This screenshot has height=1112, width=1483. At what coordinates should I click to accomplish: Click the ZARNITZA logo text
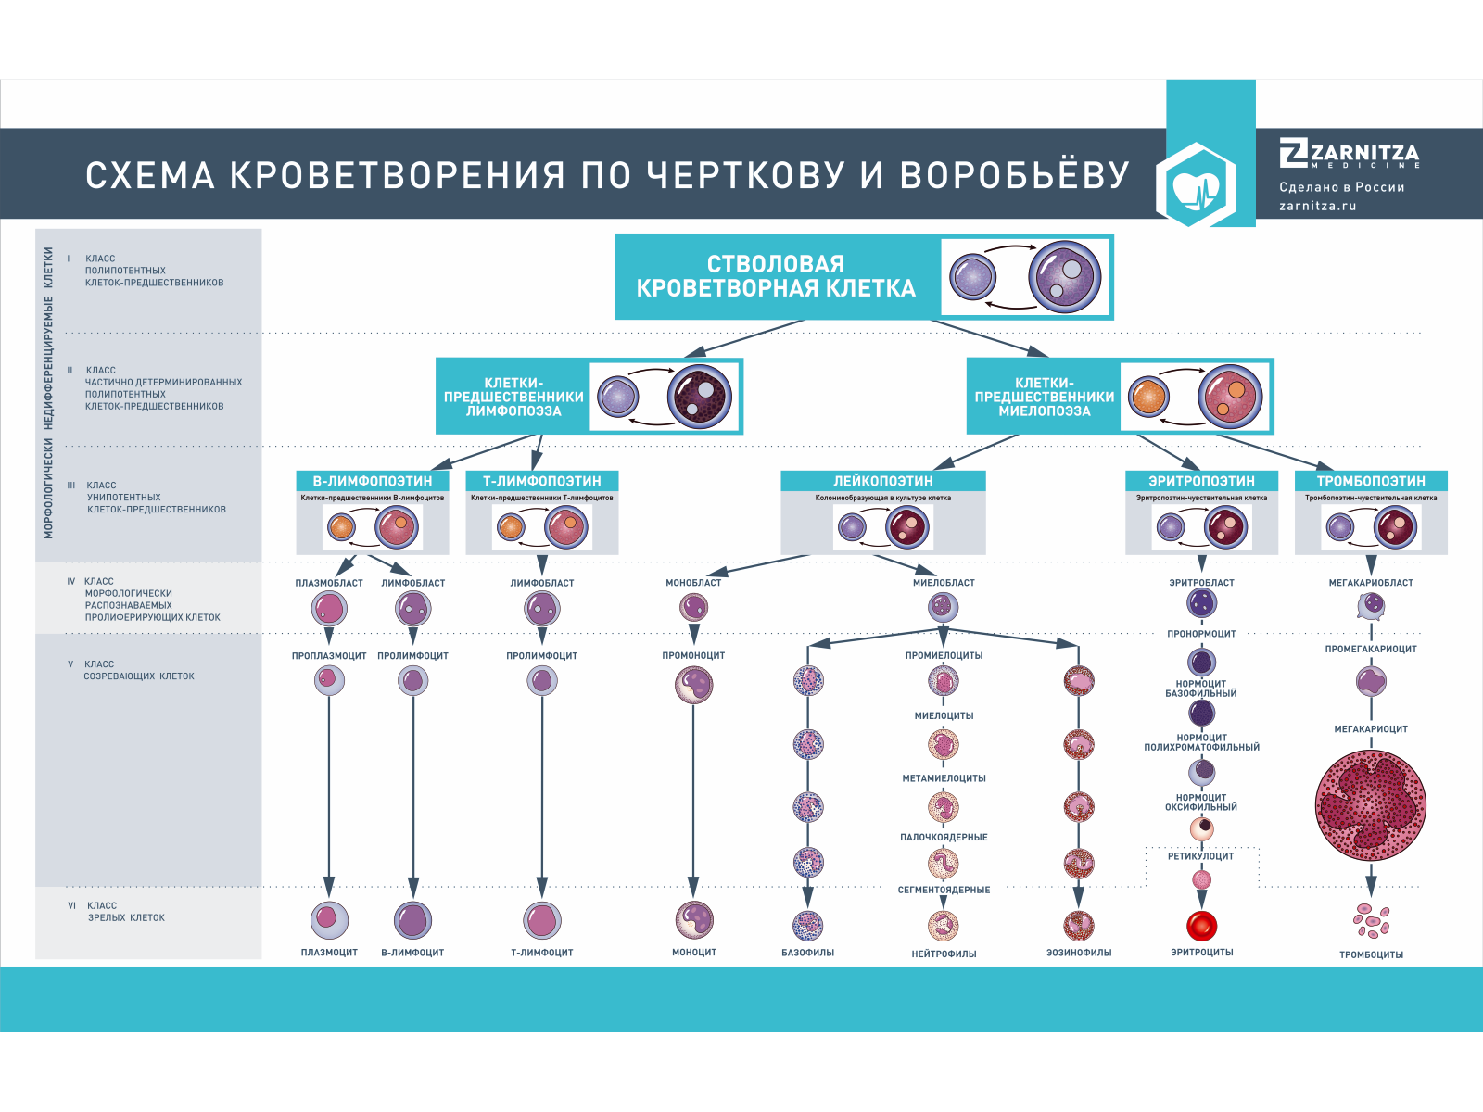pos(1363,153)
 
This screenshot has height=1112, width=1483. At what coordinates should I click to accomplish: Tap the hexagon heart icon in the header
pos(1197,185)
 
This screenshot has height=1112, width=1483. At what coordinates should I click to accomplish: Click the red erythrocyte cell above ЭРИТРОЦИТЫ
pos(1201,925)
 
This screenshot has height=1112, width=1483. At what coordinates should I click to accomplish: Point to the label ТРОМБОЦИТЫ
pos(1371,954)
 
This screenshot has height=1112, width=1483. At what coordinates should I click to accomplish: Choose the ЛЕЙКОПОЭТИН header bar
pos(882,481)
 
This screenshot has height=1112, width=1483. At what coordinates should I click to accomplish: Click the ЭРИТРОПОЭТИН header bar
pos(1201,481)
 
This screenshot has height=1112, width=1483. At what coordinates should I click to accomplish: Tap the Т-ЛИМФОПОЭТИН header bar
pos(541,481)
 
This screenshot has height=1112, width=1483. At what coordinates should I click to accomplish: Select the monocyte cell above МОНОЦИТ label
pos(694,920)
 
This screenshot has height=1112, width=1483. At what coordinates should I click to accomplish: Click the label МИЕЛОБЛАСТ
pos(944,583)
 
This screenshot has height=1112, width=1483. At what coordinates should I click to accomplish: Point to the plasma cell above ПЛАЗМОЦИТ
pos(329,920)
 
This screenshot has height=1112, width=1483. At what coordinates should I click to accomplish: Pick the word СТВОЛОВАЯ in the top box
pos(776,264)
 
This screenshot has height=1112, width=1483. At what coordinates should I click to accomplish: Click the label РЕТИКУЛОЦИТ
pos(1200,856)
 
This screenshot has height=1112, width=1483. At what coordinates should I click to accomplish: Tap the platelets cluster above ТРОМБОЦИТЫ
pos(1371,920)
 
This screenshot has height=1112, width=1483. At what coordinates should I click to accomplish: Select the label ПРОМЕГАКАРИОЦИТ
pos(1371,649)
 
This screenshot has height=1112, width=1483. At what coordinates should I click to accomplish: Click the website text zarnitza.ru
pos(1317,206)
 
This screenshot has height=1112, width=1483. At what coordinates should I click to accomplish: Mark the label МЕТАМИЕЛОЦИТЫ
pos(944,778)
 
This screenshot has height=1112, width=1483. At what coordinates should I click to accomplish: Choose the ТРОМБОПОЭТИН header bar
pos(1371,481)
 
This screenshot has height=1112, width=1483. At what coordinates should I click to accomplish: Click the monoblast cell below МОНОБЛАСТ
pos(693,607)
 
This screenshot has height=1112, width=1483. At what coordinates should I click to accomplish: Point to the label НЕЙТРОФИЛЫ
pos(944,954)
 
